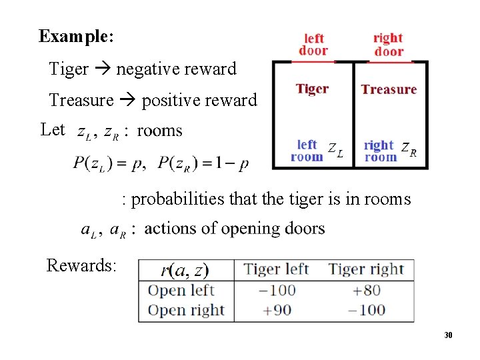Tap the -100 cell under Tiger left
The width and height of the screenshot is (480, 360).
tap(277, 290)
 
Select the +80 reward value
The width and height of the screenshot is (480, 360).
tap(366, 290)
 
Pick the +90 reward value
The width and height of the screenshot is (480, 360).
tap(277, 310)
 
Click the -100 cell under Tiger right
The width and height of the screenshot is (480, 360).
tap(366, 310)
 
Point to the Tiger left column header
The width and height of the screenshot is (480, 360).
tap(276, 269)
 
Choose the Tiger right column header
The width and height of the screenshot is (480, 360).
tap(366, 269)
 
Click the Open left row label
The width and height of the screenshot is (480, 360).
tap(181, 291)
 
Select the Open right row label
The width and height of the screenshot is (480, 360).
tap(185, 311)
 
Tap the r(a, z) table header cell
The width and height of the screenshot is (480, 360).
tap(185, 270)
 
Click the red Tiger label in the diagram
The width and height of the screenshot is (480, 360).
tap(312, 89)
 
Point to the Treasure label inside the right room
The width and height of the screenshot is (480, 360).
tap(389, 89)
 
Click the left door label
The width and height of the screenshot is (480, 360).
tap(313, 45)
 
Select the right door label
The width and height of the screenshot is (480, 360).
tap(388, 45)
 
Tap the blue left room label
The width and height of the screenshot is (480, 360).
tap(307, 151)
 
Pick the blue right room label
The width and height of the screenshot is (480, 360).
tap(380, 151)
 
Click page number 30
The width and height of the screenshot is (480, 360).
tap(449, 335)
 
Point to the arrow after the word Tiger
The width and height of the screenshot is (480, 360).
tap(103, 69)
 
